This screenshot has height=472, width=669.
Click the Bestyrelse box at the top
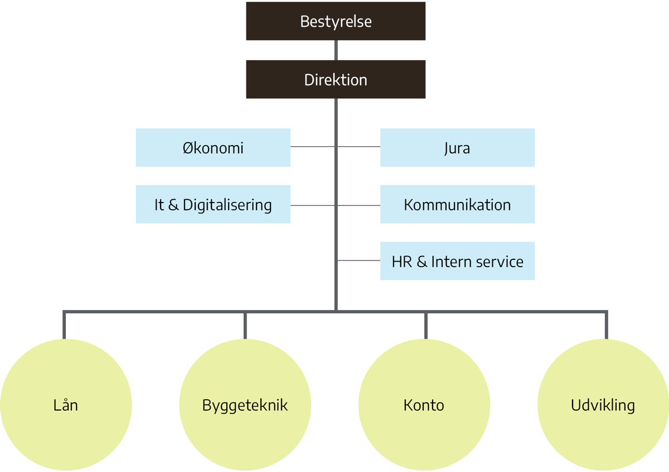tap(336, 22)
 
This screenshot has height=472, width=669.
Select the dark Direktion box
tap(336, 80)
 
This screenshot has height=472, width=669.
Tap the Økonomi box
tap(213, 148)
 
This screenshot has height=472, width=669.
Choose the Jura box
tap(457, 148)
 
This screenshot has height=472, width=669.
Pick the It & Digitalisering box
tap(213, 205)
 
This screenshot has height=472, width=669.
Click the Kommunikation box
tap(457, 205)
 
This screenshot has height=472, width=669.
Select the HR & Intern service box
tap(457, 261)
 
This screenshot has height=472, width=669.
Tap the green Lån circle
tap(66, 405)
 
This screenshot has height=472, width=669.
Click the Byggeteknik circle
tap(245, 405)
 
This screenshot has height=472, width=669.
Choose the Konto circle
tap(424, 405)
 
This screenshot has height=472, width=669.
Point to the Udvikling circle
tap(603, 405)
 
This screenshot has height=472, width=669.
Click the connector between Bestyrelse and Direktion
tap(336, 50)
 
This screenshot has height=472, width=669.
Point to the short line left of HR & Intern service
tap(358, 260)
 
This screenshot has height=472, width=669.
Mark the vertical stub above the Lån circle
tap(65, 325)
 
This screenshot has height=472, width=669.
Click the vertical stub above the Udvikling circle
tap(605, 325)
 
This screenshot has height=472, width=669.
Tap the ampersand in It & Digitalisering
tap(173, 205)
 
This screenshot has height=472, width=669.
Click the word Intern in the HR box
tap(449, 261)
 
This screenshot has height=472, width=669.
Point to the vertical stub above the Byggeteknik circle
tap(245, 325)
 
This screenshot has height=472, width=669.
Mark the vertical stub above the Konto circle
tap(425, 325)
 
